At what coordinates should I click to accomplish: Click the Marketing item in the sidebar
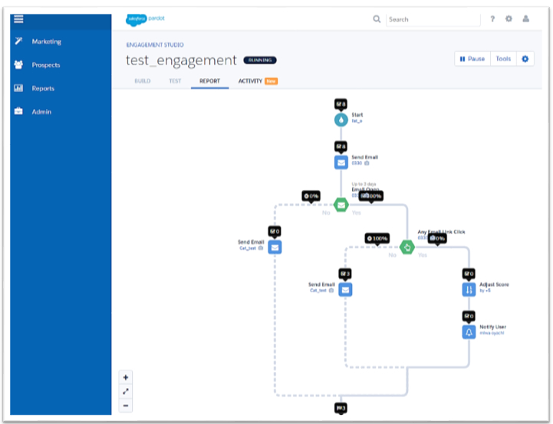pos(46,41)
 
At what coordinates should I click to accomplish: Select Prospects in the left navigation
pos(45,65)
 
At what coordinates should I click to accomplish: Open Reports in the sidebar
pos(43,88)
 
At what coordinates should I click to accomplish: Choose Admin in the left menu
pos(41,112)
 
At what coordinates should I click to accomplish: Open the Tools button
pos(503,59)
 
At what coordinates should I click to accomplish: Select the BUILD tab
pos(143,81)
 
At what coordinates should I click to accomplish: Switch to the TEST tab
pos(175,81)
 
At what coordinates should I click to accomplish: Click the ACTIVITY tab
pos(250,81)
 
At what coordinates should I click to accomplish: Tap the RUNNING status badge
pos(260,60)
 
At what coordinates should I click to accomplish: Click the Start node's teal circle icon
pos(341,120)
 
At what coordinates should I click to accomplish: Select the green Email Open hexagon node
pos(341,205)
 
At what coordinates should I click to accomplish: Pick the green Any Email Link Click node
pos(407,247)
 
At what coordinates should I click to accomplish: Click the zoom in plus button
pos(126,377)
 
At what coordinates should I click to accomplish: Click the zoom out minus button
pos(126,405)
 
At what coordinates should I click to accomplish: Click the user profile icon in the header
pos(526,19)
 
